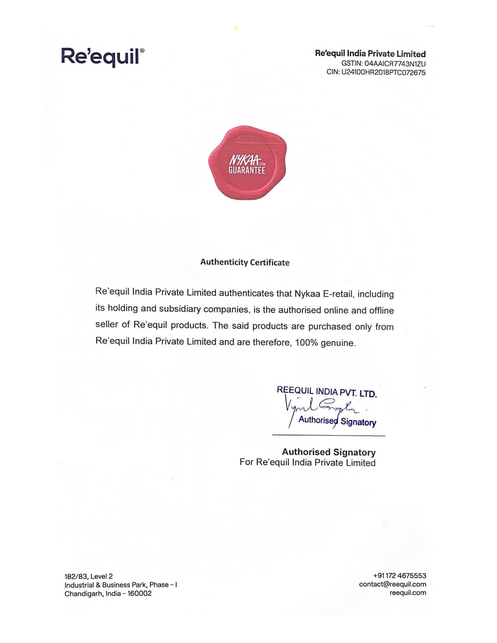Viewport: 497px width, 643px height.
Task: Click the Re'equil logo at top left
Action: [x=100, y=57]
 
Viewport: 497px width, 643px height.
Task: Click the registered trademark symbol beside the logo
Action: [x=142, y=51]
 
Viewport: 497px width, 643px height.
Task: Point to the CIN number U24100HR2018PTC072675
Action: [x=384, y=72]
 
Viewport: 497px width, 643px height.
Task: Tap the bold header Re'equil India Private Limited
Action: [x=370, y=54]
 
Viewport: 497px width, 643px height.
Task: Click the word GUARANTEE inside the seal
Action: [x=247, y=171]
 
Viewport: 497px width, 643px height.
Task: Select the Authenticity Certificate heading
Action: [x=245, y=262]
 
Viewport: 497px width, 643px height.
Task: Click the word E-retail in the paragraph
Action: [x=338, y=294]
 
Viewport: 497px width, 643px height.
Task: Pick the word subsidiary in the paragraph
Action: [x=179, y=309]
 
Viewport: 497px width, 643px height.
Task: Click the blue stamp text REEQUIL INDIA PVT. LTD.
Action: [x=327, y=392]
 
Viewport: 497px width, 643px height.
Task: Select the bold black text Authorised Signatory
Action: [x=329, y=452]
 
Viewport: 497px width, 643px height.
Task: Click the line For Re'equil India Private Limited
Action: [x=307, y=463]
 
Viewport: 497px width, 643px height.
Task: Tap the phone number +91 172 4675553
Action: [x=400, y=576]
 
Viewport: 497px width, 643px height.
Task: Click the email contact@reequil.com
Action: [x=393, y=584]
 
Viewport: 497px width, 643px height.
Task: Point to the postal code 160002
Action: [x=140, y=594]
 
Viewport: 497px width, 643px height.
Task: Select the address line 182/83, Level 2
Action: [x=88, y=576]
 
